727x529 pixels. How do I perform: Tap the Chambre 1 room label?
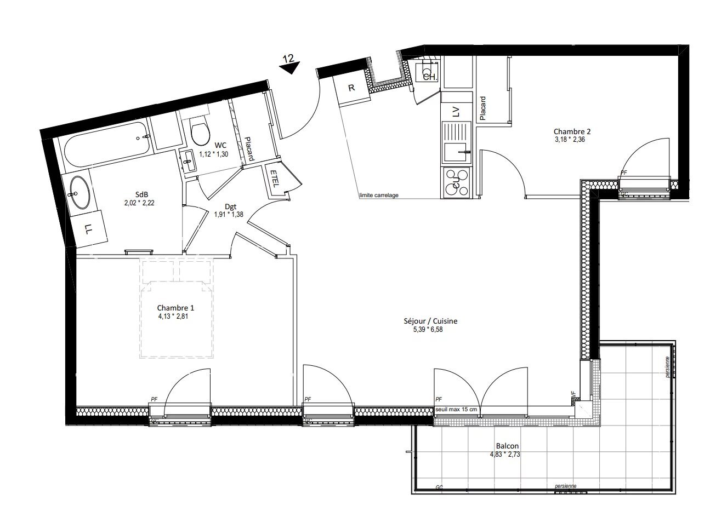click(x=175, y=308)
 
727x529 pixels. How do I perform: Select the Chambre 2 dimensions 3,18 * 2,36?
click(x=572, y=140)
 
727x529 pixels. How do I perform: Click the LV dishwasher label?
click(x=455, y=112)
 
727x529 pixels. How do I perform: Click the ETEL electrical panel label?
click(x=274, y=179)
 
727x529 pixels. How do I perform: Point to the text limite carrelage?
click(x=378, y=196)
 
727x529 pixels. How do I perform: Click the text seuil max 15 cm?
click(x=456, y=410)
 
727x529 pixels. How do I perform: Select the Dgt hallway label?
click(x=231, y=206)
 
